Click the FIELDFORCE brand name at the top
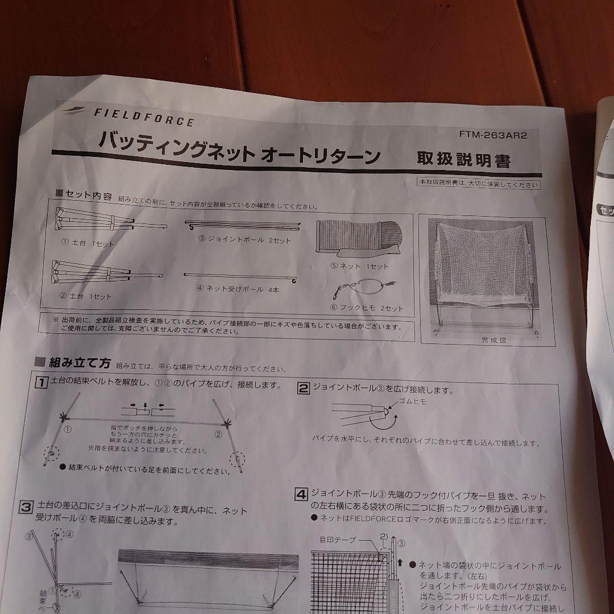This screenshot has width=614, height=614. [143, 117]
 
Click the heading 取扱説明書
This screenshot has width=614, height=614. [463, 160]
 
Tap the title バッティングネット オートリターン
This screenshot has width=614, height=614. [239, 149]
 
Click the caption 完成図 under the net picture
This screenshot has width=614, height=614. [493, 341]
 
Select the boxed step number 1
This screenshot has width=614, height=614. [41, 383]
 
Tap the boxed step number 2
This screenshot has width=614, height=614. [304, 388]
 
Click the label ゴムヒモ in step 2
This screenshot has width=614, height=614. [412, 401]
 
